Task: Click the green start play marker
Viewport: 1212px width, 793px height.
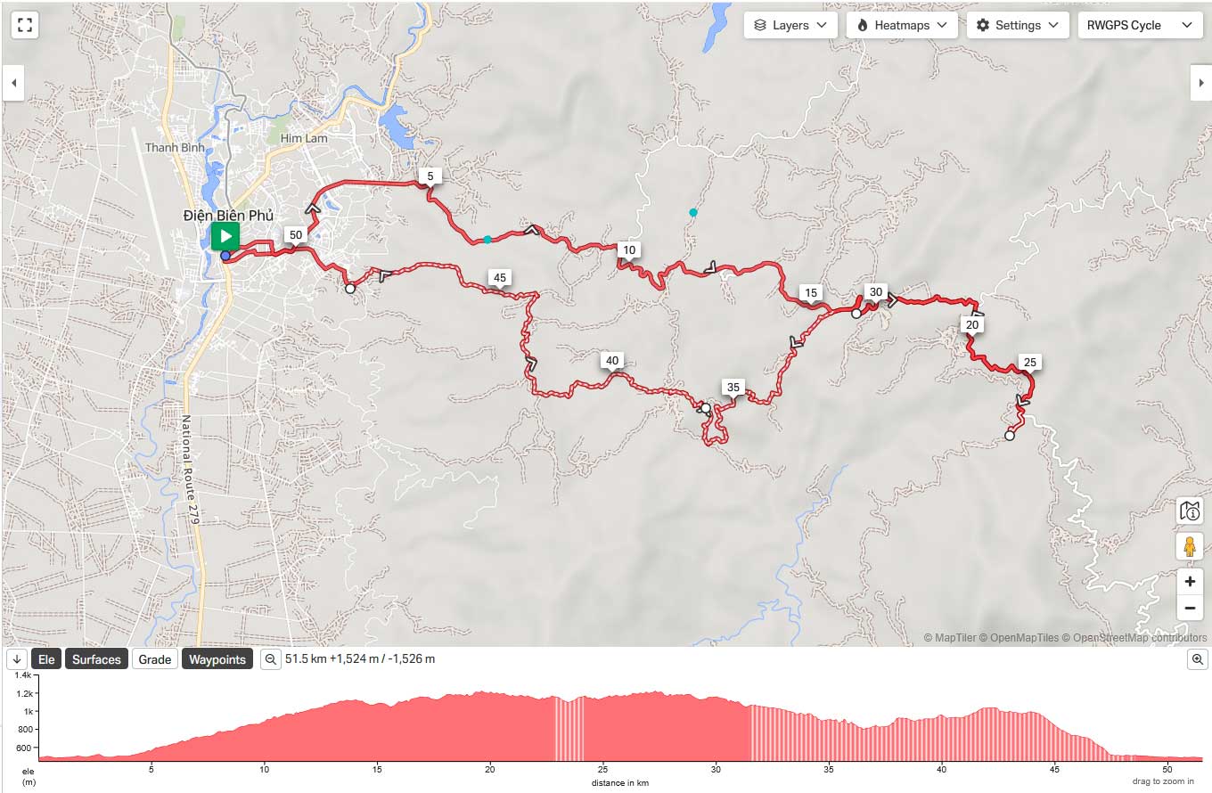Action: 225,236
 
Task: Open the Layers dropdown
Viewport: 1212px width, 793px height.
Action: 790,25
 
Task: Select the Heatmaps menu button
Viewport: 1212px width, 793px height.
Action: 902,25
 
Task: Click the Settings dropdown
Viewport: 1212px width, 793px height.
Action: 1018,25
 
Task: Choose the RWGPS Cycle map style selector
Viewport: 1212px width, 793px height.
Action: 1138,25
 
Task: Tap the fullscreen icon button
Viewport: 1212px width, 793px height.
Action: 25,25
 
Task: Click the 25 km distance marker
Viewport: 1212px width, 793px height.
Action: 1029,362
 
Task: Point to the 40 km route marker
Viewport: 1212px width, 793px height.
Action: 611,361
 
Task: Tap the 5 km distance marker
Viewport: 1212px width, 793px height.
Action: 430,176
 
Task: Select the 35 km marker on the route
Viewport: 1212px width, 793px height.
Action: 733,387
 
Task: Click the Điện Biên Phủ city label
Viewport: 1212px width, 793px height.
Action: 228,215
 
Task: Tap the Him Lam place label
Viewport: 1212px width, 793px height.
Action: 304,138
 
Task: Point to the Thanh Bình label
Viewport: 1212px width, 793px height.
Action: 175,147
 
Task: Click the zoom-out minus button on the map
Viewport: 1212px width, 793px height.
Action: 1190,609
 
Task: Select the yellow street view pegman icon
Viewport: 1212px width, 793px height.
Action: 1190,545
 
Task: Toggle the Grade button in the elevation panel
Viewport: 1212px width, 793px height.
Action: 154,659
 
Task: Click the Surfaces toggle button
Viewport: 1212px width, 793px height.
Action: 96,659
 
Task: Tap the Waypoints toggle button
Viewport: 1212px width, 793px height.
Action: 217,659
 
